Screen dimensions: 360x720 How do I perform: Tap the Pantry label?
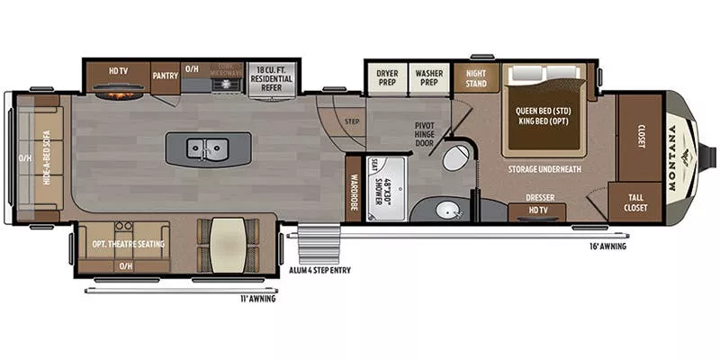coord(165,76)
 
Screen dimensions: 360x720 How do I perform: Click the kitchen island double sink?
coord(207,147)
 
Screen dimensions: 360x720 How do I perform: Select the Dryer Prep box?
coord(387,76)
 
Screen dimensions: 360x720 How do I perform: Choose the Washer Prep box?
coord(430,76)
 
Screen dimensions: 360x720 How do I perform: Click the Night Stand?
coord(475,77)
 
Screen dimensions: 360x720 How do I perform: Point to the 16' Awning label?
coord(608,246)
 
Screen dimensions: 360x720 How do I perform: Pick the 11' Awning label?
coord(257,299)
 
